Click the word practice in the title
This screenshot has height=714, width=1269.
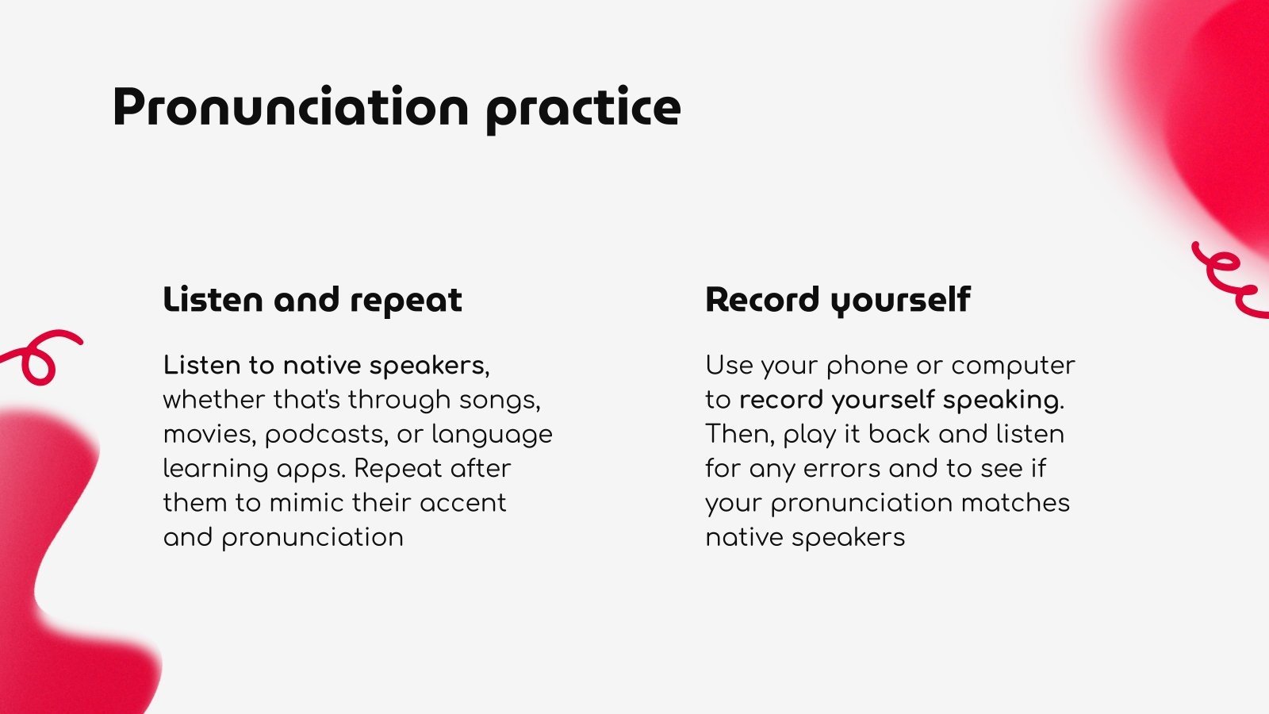pos(584,109)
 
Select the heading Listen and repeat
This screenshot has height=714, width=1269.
pos(312,300)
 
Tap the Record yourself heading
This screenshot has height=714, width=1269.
pos(838,300)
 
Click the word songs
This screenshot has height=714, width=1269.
pos(500,401)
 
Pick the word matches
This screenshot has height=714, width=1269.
pos(1016,503)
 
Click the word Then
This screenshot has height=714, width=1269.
pos(741,435)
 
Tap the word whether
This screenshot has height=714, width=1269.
pos(214,400)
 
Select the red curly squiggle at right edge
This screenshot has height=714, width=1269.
pos(1229,281)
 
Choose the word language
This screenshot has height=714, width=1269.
pos(492,436)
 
